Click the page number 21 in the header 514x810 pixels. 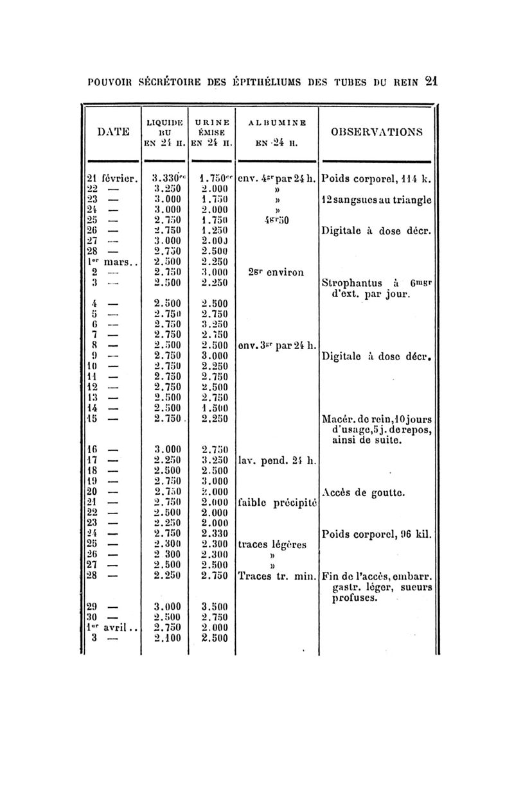pos(431,82)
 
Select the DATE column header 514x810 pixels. pos(113,131)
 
